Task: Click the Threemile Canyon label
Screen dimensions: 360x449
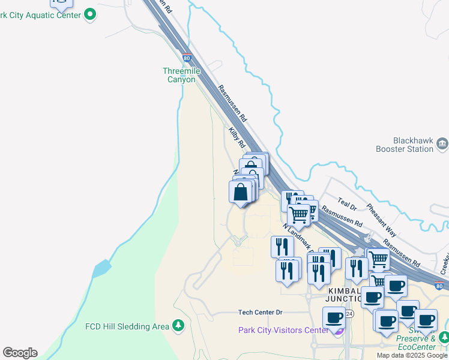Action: (x=181, y=75)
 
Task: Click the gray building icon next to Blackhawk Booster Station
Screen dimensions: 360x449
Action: (x=442, y=143)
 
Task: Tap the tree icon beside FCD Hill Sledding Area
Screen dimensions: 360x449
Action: (x=178, y=326)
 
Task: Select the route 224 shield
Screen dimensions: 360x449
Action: (x=349, y=314)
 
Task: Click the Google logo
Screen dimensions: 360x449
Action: (x=20, y=352)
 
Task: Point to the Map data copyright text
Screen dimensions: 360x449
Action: (x=412, y=355)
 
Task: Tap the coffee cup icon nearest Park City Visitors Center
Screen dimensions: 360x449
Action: (x=334, y=318)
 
